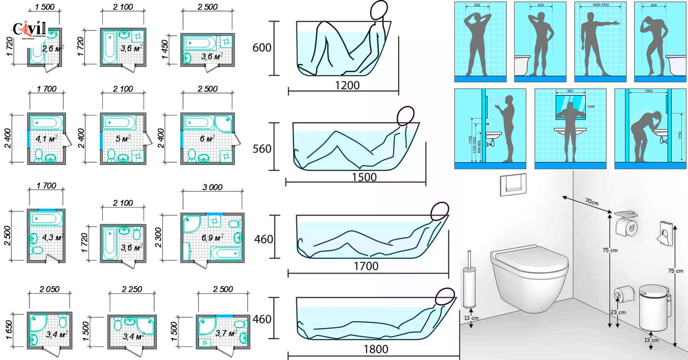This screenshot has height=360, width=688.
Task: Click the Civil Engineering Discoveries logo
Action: (30, 30)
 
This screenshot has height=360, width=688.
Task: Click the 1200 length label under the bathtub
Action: (347, 85)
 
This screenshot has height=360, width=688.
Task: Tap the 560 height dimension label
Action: (262, 148)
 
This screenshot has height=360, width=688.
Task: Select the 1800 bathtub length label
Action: (376, 349)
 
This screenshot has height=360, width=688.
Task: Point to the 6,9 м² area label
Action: (212, 238)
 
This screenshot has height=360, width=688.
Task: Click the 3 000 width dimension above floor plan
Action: (212, 187)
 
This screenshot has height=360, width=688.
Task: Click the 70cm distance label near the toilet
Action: (592, 202)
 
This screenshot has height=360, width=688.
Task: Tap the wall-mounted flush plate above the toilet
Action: (513, 184)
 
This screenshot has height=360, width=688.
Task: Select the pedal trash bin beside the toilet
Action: (653, 307)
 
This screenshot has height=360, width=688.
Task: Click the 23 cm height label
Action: (618, 312)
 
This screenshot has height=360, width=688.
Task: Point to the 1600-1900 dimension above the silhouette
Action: (600, 5)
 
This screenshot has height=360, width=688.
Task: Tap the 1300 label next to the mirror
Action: (591, 106)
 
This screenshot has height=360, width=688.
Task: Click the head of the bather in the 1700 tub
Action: (440, 212)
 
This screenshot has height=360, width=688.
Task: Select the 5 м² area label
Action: (123, 138)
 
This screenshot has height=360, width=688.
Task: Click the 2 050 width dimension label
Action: (49, 289)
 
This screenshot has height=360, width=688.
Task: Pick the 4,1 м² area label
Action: (46, 138)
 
